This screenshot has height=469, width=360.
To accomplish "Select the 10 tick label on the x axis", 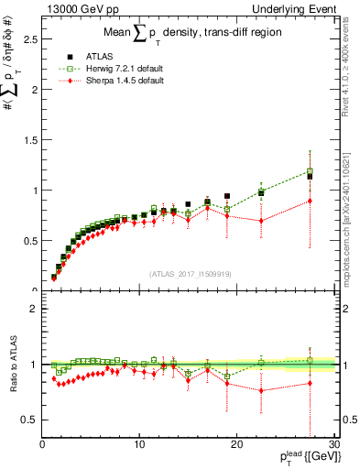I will (139, 445).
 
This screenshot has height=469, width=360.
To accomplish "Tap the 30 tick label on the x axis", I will (333, 445).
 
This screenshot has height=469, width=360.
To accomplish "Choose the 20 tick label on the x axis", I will (236, 445).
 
